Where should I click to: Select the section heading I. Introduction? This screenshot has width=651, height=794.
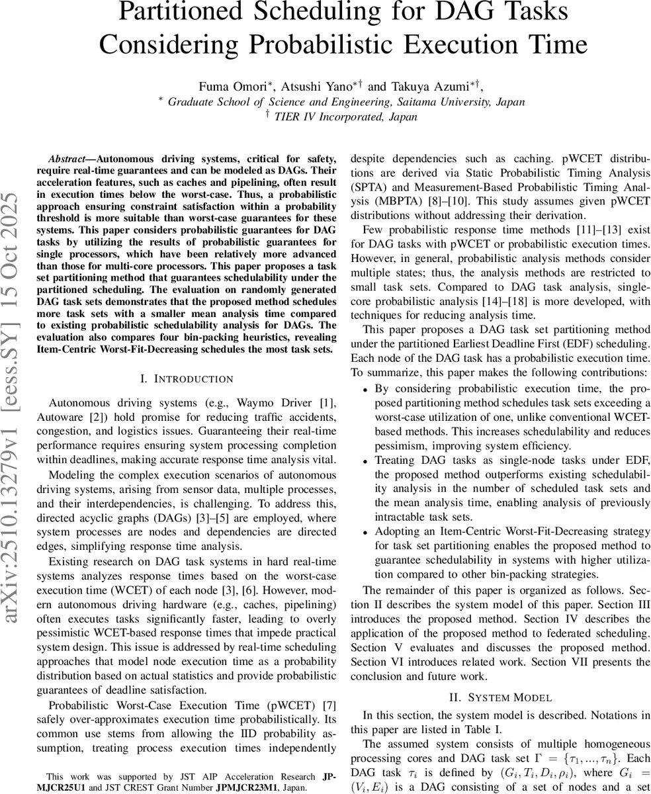187,378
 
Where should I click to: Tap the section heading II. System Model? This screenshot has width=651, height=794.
500,697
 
